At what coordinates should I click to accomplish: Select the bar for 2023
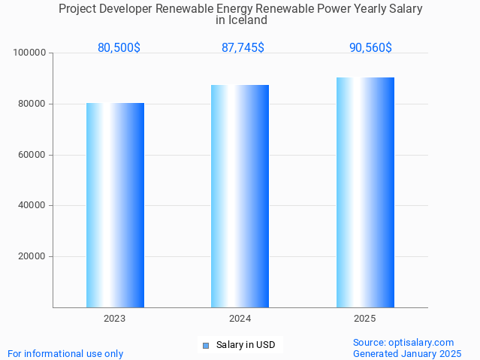(x=115, y=205)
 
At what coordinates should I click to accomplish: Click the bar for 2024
(x=240, y=196)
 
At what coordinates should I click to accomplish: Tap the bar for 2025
(x=365, y=192)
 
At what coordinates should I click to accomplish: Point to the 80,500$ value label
(x=119, y=47)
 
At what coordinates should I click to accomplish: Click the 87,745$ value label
(x=243, y=47)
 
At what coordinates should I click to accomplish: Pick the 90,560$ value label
(x=370, y=47)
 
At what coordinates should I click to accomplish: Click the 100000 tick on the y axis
(x=30, y=53)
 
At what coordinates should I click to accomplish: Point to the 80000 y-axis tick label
(x=32, y=104)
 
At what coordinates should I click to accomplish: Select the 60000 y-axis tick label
(x=32, y=155)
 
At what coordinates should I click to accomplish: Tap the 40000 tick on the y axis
(x=32, y=205)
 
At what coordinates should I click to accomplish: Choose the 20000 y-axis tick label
(x=32, y=256)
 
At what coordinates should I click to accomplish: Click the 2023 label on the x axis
(x=115, y=319)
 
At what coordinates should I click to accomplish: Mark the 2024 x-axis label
(x=240, y=319)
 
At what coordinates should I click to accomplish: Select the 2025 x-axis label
(x=365, y=319)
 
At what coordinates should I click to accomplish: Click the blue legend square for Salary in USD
(x=205, y=346)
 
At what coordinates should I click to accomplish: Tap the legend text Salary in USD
(x=246, y=346)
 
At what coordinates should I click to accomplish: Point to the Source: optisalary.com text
(x=403, y=343)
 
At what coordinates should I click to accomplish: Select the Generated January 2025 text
(x=407, y=353)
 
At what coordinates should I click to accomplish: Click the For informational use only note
(x=65, y=353)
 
